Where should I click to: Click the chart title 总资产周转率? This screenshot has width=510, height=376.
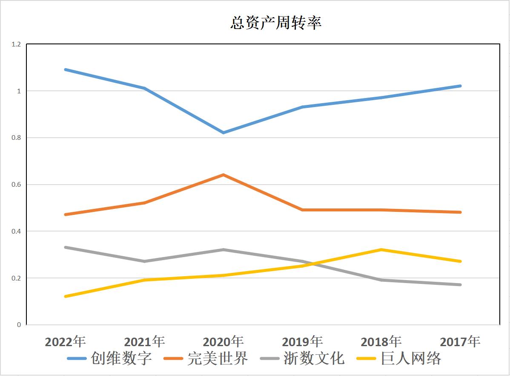(x=275, y=23)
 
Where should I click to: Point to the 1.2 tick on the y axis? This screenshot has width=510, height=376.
(x=16, y=44)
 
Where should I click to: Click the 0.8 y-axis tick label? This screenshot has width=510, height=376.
(x=16, y=138)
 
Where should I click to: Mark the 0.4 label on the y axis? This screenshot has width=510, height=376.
(x=16, y=231)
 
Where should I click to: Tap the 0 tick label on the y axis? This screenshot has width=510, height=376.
(x=19, y=325)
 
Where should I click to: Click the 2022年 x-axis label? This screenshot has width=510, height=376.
(x=65, y=341)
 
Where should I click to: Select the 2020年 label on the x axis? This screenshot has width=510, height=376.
(x=223, y=341)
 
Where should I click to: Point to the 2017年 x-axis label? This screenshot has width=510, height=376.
(x=460, y=341)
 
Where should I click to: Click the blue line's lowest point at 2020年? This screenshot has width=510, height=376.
(x=223, y=133)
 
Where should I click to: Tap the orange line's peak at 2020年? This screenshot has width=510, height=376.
(x=223, y=175)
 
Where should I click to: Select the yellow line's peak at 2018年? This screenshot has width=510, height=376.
(x=381, y=250)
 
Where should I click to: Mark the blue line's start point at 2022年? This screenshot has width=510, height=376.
(x=65, y=69)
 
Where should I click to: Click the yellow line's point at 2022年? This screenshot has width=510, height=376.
(x=65, y=296)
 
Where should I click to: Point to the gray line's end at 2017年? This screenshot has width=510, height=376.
(x=460, y=285)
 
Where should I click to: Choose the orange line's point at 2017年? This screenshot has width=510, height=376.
(x=460, y=212)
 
